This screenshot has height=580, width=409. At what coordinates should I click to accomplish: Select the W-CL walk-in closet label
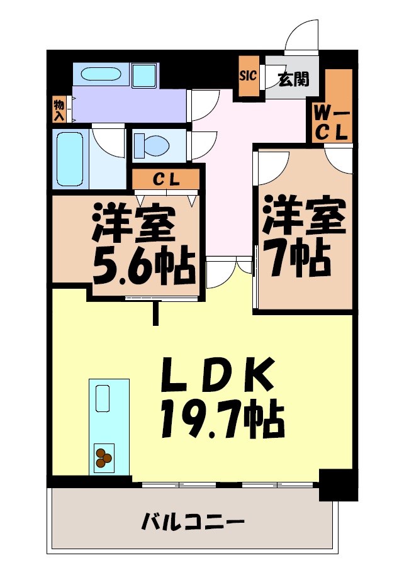coord(332,123)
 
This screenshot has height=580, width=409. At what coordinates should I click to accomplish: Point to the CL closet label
coord(167,179)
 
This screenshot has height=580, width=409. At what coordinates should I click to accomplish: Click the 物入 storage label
coord(59,109)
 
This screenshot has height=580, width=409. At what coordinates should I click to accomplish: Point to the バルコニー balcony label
coord(192,521)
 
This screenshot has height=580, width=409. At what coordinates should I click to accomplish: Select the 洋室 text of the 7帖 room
coord(305,215)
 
